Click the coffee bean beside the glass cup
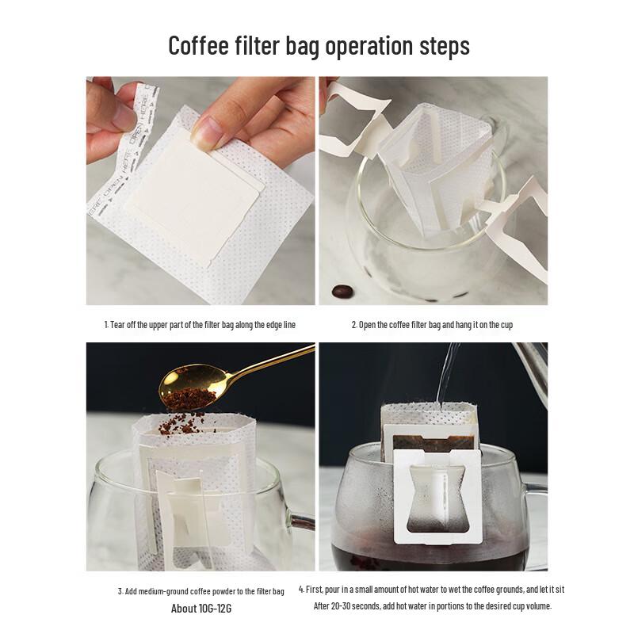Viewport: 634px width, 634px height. coord(342,292)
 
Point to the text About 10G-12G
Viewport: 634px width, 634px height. coord(201,609)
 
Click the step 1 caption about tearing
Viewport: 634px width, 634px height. coord(201,325)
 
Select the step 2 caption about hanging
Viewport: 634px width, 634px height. coord(437,325)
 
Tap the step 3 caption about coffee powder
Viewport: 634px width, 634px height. coord(201,591)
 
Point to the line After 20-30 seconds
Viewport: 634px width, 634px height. coord(432,606)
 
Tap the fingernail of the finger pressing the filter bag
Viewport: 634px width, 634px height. coord(204,133)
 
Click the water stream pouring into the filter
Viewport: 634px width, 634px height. coord(449,372)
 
